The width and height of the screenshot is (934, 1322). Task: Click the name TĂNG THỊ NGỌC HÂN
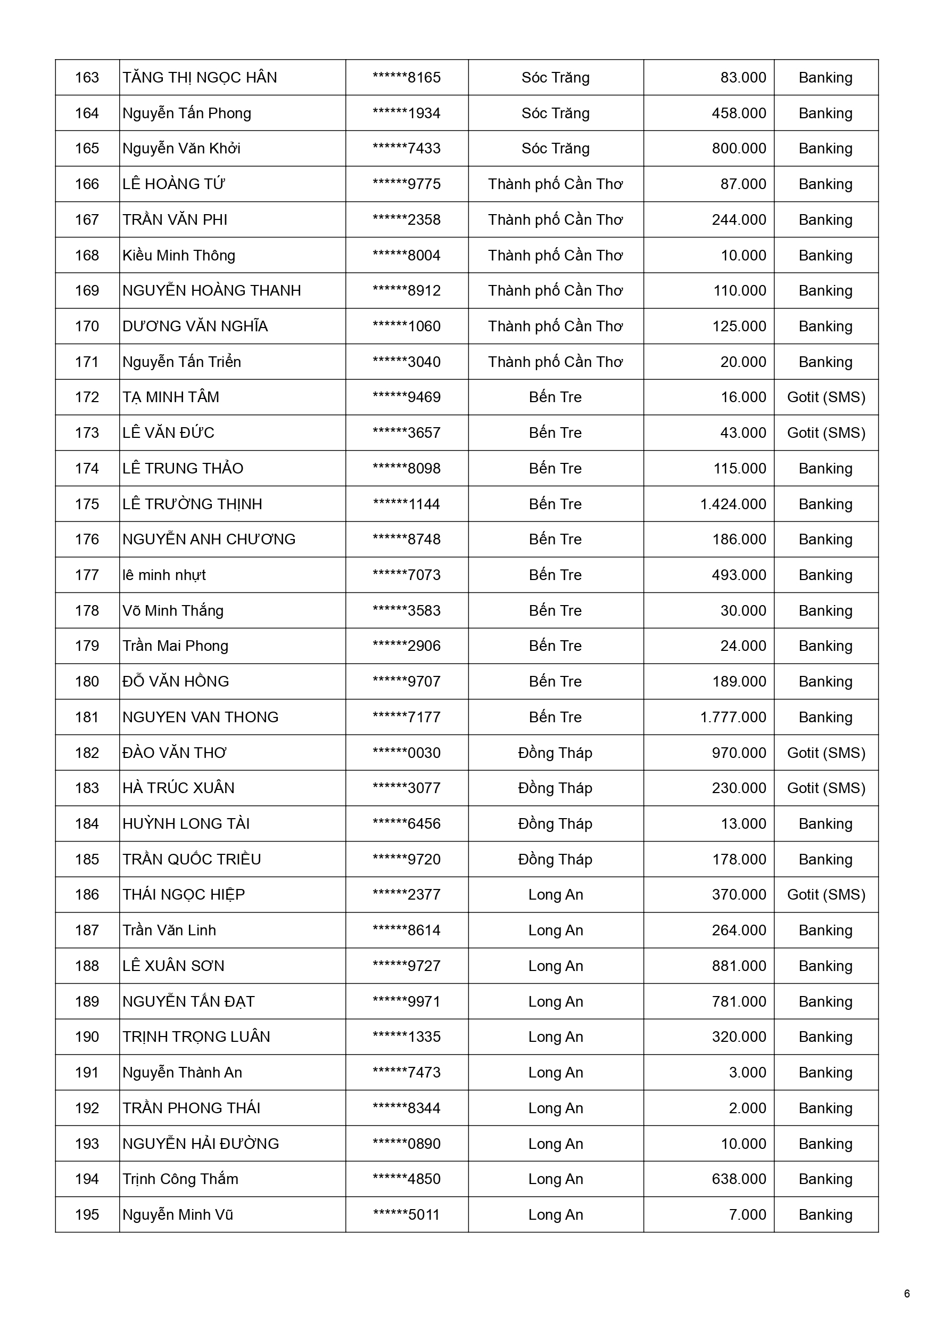pyautogui.click(x=200, y=78)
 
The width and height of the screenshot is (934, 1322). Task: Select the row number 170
pyautogui.click(x=87, y=327)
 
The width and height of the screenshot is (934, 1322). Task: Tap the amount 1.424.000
pyautogui.click(x=733, y=504)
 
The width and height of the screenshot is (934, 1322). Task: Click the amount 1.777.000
pyautogui.click(x=733, y=717)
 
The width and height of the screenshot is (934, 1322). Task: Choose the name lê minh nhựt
pyautogui.click(x=164, y=575)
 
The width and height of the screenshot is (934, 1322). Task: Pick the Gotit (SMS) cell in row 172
pyautogui.click(x=826, y=397)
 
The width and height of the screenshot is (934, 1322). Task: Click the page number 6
pyautogui.click(x=906, y=1294)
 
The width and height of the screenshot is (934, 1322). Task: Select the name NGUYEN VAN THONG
pyautogui.click(x=200, y=717)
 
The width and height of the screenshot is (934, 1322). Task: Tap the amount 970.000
pyautogui.click(x=738, y=753)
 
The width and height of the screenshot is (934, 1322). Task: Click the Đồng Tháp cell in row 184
pyautogui.click(x=555, y=824)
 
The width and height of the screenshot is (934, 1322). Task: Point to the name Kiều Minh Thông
pyautogui.click(x=179, y=256)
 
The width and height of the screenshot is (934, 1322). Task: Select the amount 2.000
pyautogui.click(x=747, y=1108)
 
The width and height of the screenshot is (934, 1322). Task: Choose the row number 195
pyautogui.click(x=87, y=1215)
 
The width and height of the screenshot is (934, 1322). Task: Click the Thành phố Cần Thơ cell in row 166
pyautogui.click(x=555, y=184)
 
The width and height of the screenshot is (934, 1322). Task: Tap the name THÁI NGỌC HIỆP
pyautogui.click(x=184, y=895)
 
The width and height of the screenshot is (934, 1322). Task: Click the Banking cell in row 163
pyautogui.click(x=825, y=78)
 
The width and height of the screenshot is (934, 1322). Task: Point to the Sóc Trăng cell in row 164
pyautogui.click(x=555, y=113)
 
